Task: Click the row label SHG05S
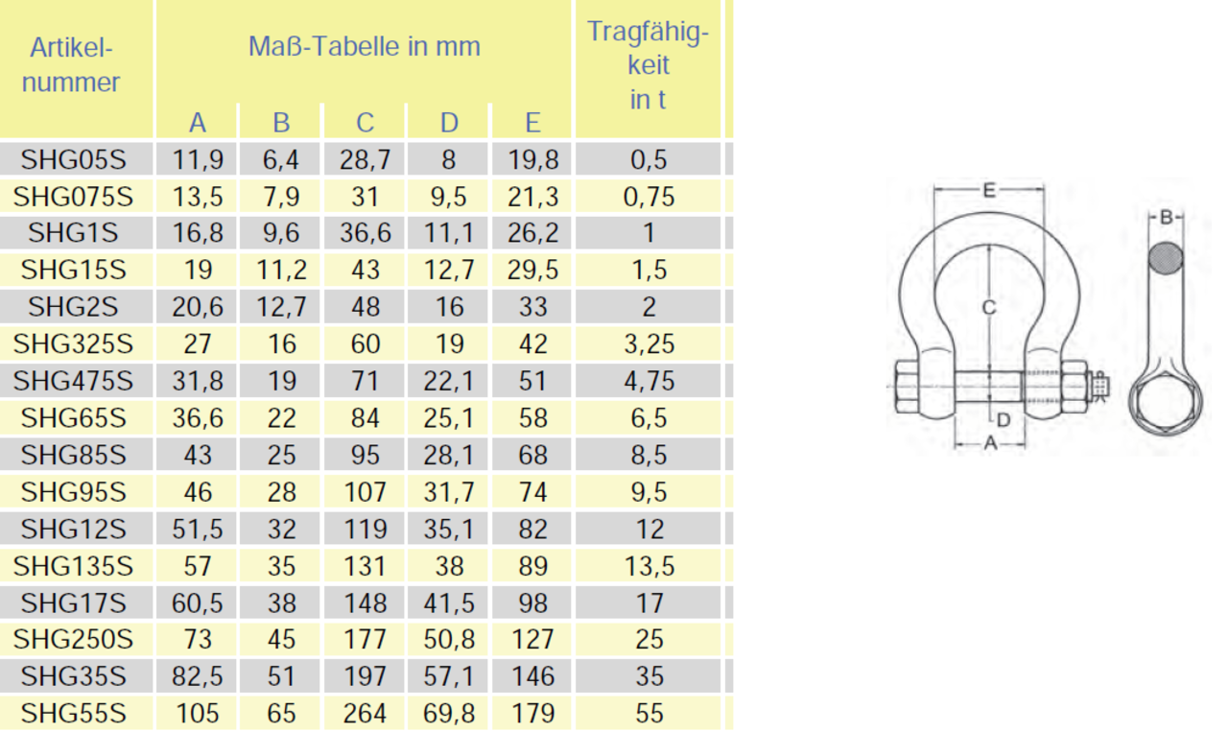tap(73, 159)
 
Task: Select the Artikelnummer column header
tap(72, 65)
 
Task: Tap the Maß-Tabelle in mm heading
tap(364, 46)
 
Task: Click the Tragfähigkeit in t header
tap(648, 65)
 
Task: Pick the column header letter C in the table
tap(365, 123)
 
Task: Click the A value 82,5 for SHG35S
tap(197, 676)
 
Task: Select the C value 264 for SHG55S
tap(365, 714)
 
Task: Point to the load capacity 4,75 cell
tap(649, 381)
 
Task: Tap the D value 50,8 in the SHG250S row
tap(449, 640)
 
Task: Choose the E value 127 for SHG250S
tap(532, 640)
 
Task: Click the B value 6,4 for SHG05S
tap(281, 159)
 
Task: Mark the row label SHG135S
tap(73, 566)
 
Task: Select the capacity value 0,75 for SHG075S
tap(649, 197)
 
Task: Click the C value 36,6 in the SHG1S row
tap(365, 233)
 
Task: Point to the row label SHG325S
tap(73, 343)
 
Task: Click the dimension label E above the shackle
tap(989, 190)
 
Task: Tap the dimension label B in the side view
tap(1166, 218)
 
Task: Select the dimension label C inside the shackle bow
tap(989, 307)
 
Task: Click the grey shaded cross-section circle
tap(1166, 257)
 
